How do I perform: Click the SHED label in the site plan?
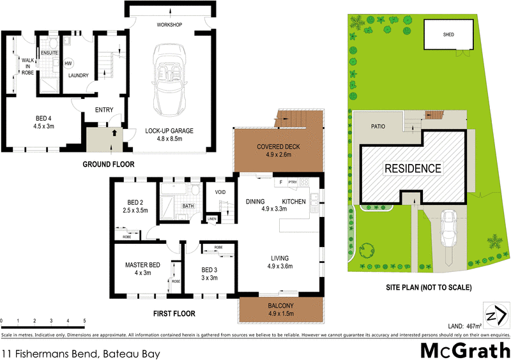[449, 34]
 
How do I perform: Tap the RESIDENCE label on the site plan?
[412, 169]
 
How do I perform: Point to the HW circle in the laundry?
[68, 63]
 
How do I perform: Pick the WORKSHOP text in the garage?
[170, 25]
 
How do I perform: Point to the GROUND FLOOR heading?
[109, 164]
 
